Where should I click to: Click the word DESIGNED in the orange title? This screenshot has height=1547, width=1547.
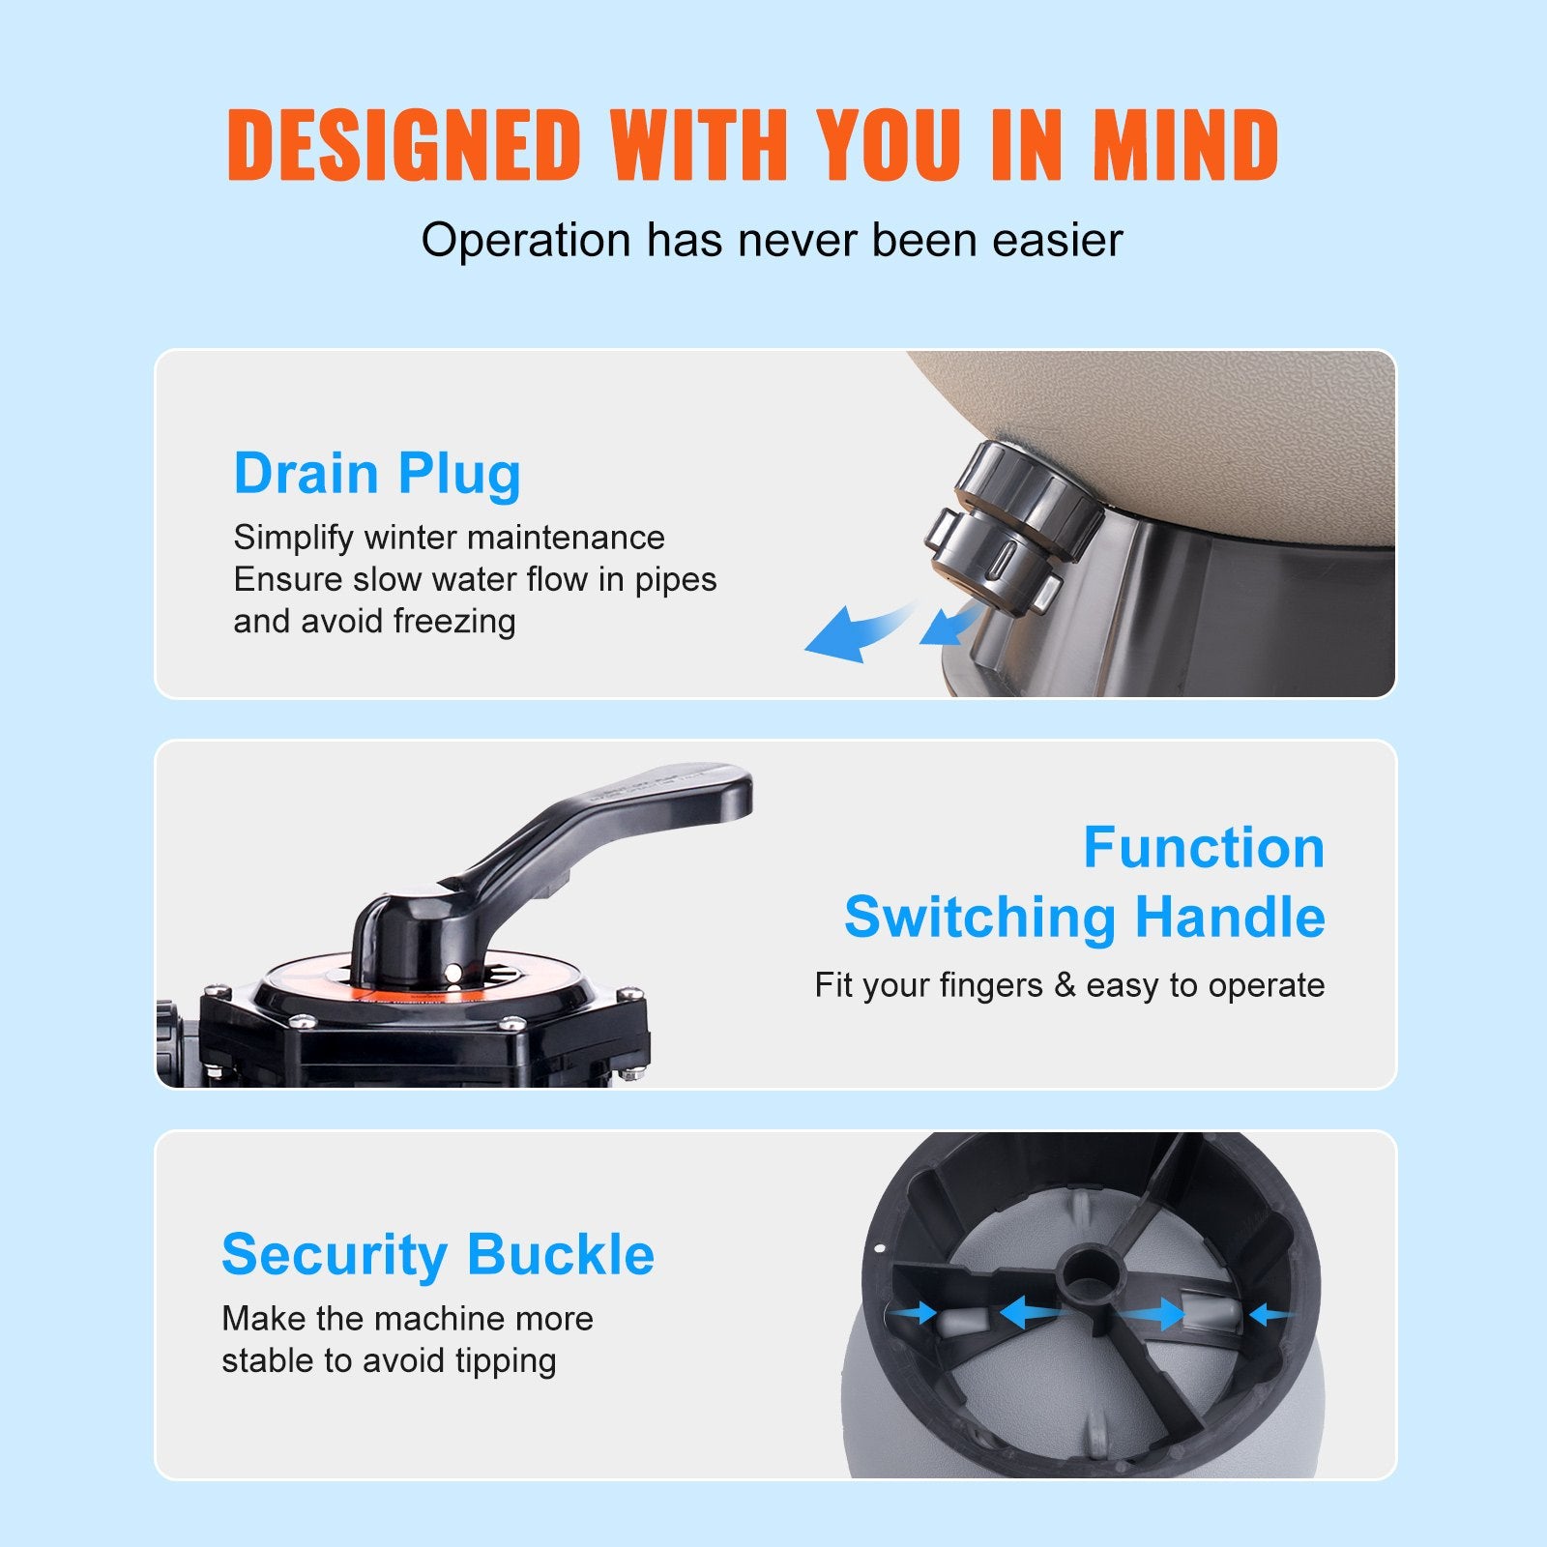(x=403, y=145)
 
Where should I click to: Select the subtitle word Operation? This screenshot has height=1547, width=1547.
(x=525, y=240)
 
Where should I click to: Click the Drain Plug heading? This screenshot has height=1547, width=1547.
(x=377, y=474)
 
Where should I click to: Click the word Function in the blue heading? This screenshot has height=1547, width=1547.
(x=1204, y=848)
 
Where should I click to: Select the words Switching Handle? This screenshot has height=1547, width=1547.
(x=1084, y=917)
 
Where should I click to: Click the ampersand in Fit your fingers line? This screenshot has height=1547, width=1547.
(x=1065, y=985)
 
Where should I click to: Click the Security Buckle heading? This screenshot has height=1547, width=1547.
(x=438, y=1254)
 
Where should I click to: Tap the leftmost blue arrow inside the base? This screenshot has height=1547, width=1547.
(x=914, y=1312)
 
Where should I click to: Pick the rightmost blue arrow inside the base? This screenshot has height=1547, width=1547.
(x=1269, y=1315)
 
